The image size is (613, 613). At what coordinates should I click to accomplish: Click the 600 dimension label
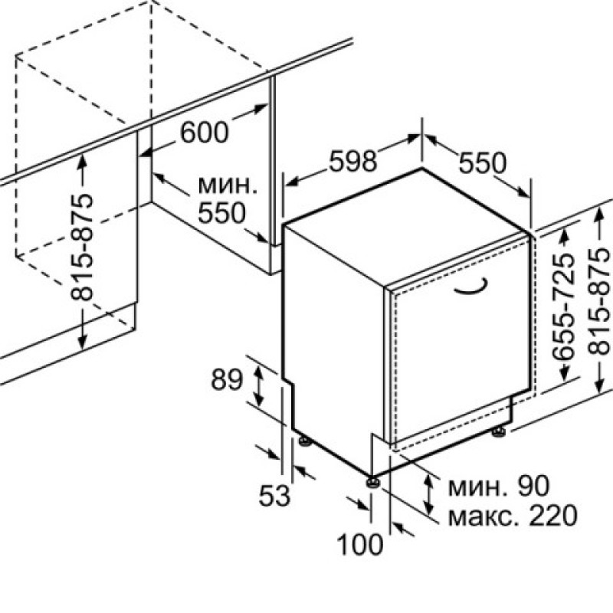pos(204,132)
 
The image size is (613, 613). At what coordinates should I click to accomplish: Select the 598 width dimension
pos(352,161)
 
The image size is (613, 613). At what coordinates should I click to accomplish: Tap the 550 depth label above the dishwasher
pos(482,162)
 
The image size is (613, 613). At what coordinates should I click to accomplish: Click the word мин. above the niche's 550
pos(228,185)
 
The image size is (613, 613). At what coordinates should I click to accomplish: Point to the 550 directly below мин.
pos(222,213)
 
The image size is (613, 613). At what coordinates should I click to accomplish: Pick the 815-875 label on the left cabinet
pos(82,247)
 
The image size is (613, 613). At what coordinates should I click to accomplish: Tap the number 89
pos(227,380)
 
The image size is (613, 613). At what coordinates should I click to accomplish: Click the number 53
pos(274,495)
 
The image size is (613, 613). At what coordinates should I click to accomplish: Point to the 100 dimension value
pos(359,545)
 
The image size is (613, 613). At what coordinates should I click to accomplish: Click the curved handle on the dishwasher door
pos(472,289)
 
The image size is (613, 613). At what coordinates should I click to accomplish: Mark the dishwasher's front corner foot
pos(372,483)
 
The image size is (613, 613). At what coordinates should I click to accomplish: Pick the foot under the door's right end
pos(499,431)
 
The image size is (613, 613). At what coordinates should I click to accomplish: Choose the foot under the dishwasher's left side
pos(304,441)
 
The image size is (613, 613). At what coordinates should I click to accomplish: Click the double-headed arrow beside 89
pos(258,384)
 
